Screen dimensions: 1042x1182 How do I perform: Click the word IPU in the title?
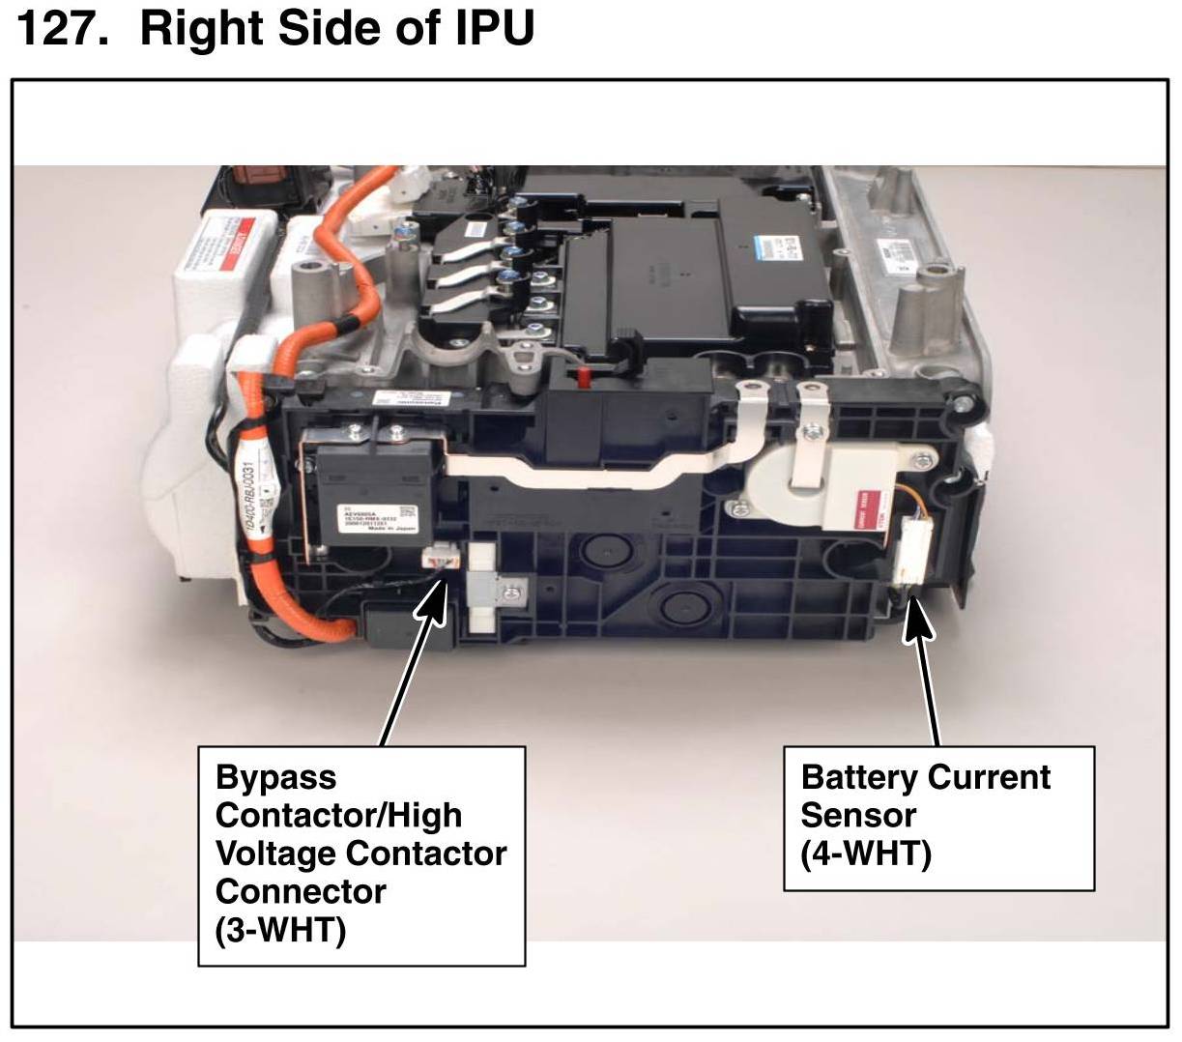click(x=495, y=29)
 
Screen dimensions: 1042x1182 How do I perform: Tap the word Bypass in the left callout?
click(x=275, y=777)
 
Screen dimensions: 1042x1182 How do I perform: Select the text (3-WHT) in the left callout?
click(x=280, y=930)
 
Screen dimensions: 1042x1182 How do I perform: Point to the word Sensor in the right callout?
click(x=858, y=815)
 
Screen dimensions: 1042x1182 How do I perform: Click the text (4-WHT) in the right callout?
click(x=865, y=854)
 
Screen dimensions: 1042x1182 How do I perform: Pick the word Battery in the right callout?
click(x=860, y=777)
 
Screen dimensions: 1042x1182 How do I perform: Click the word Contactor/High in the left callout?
click(x=338, y=815)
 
